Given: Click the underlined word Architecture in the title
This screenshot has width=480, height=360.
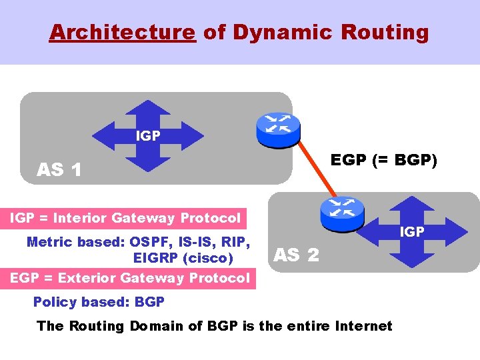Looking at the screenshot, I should click(x=122, y=32).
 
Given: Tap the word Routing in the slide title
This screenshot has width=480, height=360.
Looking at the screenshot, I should click(x=393, y=32).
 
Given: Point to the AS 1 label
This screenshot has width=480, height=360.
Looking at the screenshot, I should click(x=59, y=170).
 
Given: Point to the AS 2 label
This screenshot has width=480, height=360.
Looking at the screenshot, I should click(x=297, y=254).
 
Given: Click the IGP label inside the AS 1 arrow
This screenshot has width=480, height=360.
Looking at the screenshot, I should click(x=147, y=136).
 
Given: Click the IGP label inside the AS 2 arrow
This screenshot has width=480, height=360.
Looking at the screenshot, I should click(x=411, y=231).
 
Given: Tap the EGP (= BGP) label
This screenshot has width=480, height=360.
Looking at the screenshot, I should click(x=383, y=161).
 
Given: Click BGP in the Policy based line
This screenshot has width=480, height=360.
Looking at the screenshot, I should click(x=149, y=302).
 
